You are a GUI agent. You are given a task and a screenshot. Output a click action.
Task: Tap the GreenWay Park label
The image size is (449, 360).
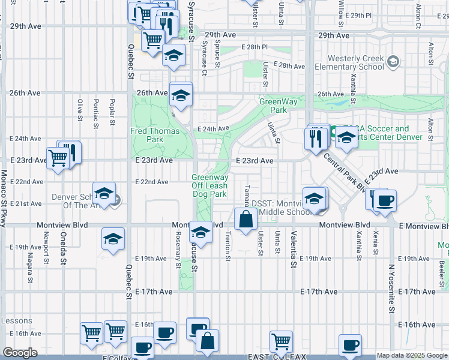pyautogui.click(x=278, y=106)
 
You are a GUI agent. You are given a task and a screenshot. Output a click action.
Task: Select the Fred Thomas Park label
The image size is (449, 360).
pyautogui.click(x=155, y=135)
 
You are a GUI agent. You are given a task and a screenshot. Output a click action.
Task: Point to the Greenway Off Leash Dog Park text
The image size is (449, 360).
pyautogui.click(x=209, y=186)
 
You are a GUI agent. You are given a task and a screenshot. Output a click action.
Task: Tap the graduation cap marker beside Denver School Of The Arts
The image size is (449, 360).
pyautogui.click(x=104, y=194)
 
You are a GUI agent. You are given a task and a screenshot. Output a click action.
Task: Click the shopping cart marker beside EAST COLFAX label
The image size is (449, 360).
pyautogui.click(x=280, y=341)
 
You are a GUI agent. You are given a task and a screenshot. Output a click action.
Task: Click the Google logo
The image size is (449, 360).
pyautogui.click(x=20, y=353)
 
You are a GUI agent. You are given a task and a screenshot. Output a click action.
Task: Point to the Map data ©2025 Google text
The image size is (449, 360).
pyautogui.click(x=412, y=355)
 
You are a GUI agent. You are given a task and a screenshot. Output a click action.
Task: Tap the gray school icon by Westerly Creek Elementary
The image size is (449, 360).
pyautogui.click(x=393, y=61)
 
